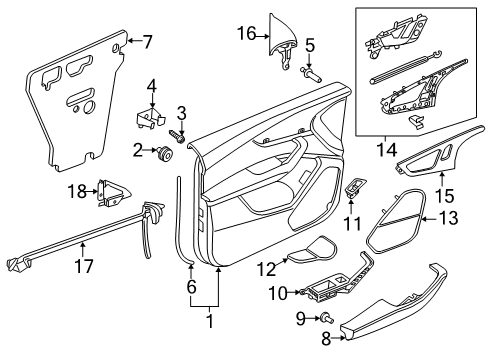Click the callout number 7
coord(146,42)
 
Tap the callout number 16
coord(247,34)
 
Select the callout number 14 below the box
coord(387,150)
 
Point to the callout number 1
coord(210,321)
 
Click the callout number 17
coord(84,266)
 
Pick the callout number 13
coord(448,218)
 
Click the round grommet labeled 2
coord(164,154)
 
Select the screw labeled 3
coord(178,136)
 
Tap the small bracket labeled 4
coord(151,117)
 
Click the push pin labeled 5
coord(311,75)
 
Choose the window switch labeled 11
coord(356,187)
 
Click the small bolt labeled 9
coord(326,318)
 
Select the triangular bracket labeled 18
coord(113,193)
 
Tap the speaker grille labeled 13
coord(396,222)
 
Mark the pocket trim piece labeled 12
coord(312,250)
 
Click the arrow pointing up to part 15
coord(443,179)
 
